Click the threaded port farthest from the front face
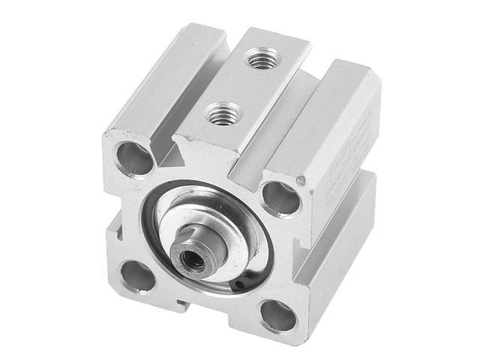pos(262,57)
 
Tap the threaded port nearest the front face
pos(220,114)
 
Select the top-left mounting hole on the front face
pos(133,158)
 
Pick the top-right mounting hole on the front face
pos(280,198)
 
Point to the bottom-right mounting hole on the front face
pos(277,316)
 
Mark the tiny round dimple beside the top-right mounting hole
pos(301,181)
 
